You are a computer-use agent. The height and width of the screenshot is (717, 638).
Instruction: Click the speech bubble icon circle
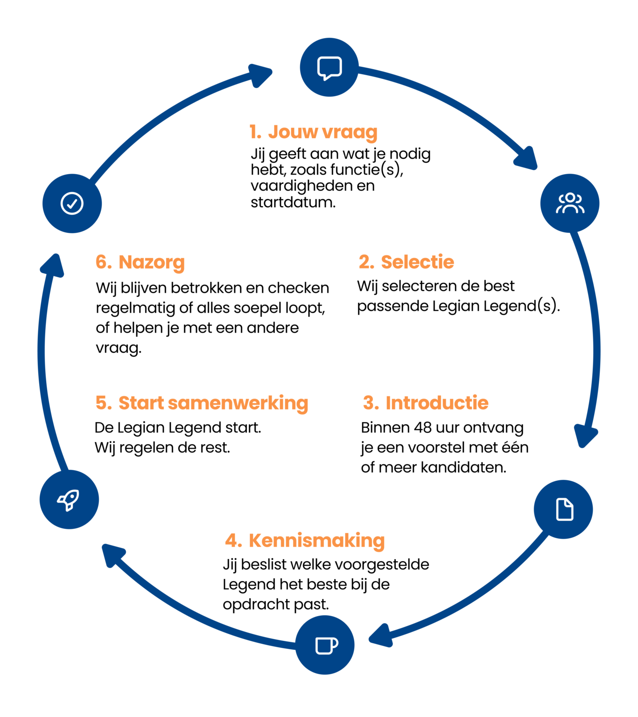point(329,67)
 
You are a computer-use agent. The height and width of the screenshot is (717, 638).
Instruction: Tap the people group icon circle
point(569,203)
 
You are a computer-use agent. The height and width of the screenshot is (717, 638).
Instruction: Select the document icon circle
point(563,509)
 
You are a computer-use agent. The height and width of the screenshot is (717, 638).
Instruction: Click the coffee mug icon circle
point(325,645)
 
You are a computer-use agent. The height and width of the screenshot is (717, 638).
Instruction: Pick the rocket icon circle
point(69,499)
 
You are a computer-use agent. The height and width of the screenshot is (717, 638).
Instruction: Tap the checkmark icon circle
point(72,203)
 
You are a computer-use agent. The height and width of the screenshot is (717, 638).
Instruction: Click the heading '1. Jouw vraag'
point(313,132)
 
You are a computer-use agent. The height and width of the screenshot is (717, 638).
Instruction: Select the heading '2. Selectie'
point(406,262)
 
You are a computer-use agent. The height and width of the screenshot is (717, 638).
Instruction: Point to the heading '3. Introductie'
point(426,402)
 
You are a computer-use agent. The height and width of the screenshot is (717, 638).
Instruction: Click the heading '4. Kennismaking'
point(305,540)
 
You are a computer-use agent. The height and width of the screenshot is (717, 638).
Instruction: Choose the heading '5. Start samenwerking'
point(202,403)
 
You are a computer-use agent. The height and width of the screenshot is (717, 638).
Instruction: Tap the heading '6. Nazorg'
point(140,262)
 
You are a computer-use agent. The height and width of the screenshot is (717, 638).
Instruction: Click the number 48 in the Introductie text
point(423,427)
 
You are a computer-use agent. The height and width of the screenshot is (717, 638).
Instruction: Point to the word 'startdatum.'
point(293,203)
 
